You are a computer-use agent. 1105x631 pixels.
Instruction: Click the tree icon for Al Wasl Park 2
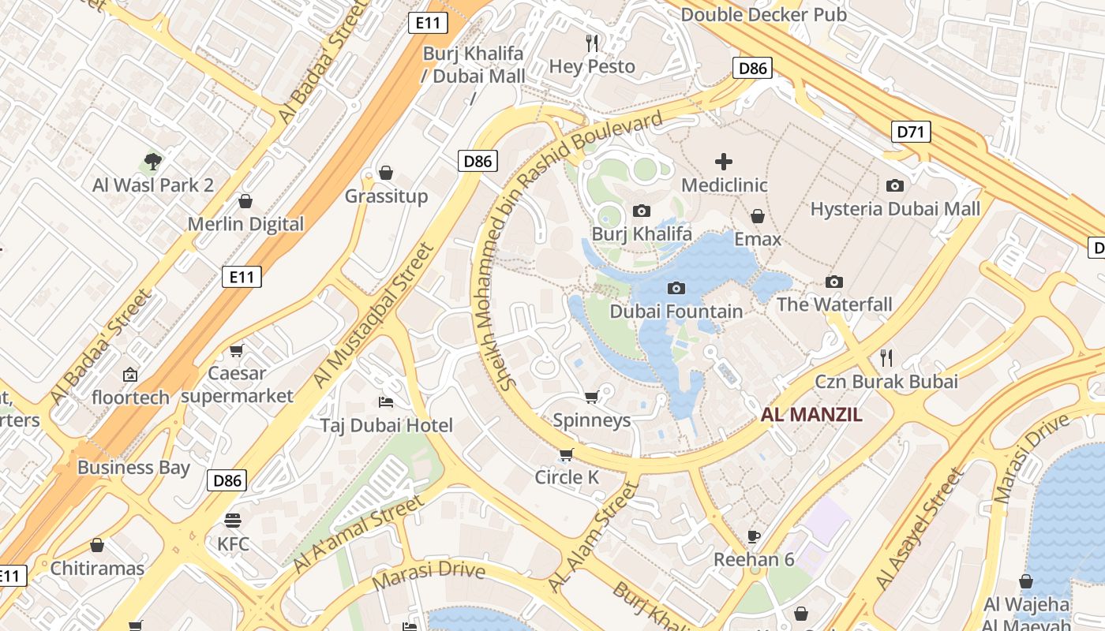point(153,162)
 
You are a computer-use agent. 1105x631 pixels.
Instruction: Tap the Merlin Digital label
point(245,224)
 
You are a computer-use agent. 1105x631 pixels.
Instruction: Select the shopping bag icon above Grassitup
point(386,173)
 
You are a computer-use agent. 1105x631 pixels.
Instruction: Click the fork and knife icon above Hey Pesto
point(592,43)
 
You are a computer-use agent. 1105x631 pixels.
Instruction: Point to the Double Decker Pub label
point(763,15)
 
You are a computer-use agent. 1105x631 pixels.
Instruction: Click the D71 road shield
point(910,132)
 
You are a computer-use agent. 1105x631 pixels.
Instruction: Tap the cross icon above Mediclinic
point(724,162)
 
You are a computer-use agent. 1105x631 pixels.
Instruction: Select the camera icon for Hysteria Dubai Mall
point(895,185)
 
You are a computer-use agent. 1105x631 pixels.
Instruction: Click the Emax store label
point(758,239)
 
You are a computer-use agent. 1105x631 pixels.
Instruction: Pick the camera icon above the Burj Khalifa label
point(642,211)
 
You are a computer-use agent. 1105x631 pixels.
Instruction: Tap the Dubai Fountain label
point(676,312)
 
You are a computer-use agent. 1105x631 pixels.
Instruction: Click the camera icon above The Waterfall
point(834,282)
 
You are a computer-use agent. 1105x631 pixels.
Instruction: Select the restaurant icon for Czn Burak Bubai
point(886,358)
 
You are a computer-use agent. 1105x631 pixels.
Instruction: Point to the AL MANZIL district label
point(811,415)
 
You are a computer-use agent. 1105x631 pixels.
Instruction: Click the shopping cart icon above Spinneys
point(592,397)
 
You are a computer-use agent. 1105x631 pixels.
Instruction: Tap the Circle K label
point(567,477)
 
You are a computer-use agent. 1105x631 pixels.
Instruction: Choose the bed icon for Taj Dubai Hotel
point(386,402)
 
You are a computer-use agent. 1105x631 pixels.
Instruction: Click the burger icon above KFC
point(233,521)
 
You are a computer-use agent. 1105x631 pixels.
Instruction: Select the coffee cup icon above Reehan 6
point(754,536)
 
